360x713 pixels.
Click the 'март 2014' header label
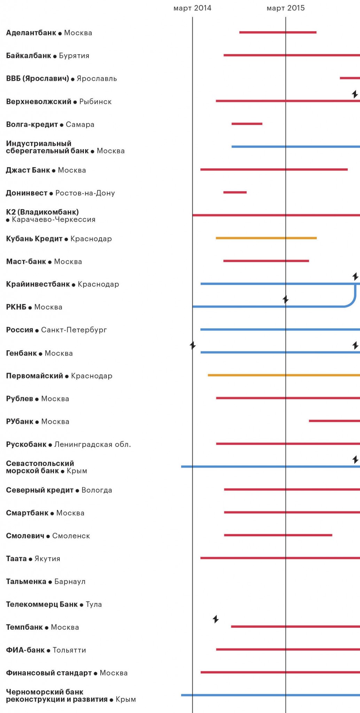pos(192,8)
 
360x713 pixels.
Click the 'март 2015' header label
pos(285,8)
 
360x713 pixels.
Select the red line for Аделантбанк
pos(278,32)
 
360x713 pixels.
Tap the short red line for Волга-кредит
pos(247,124)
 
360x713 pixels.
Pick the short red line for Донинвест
pos(235,192)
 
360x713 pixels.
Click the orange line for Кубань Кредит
pos(266,238)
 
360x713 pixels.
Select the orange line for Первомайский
pos(284,375)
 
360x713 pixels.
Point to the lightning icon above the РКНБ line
pos(285,299)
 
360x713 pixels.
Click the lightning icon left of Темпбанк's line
pos(216,619)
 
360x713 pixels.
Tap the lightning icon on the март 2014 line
pos(193,345)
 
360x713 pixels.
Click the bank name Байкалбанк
pos(29,56)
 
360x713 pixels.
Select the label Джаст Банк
pos(28,170)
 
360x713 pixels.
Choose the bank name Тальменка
pos(26,581)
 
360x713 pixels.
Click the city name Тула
pos(94,604)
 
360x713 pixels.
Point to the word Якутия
pos(47,559)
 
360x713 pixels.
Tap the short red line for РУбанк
pos(334,421)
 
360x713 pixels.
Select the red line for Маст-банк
pos(266,261)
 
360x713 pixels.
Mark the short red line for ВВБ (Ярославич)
pos(350,78)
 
